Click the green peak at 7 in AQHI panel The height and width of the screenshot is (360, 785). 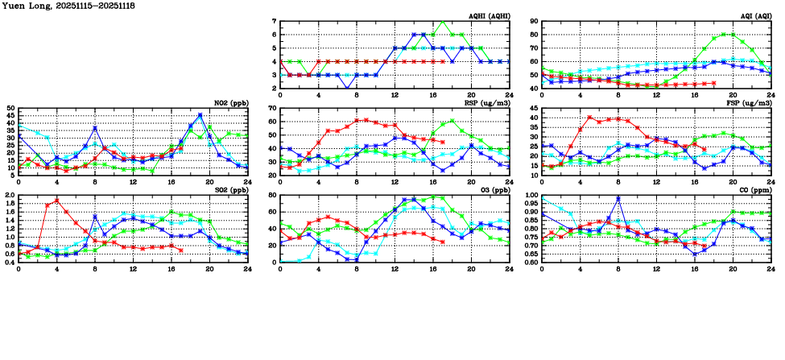(x=442, y=22)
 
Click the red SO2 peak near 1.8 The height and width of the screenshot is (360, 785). (x=57, y=200)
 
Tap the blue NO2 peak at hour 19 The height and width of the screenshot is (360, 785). (x=200, y=115)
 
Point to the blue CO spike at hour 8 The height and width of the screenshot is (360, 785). (x=618, y=198)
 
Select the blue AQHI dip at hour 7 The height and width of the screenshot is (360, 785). (x=347, y=88)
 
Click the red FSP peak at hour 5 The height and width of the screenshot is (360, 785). (x=589, y=118)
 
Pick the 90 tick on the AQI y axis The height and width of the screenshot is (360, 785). (x=535, y=22)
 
